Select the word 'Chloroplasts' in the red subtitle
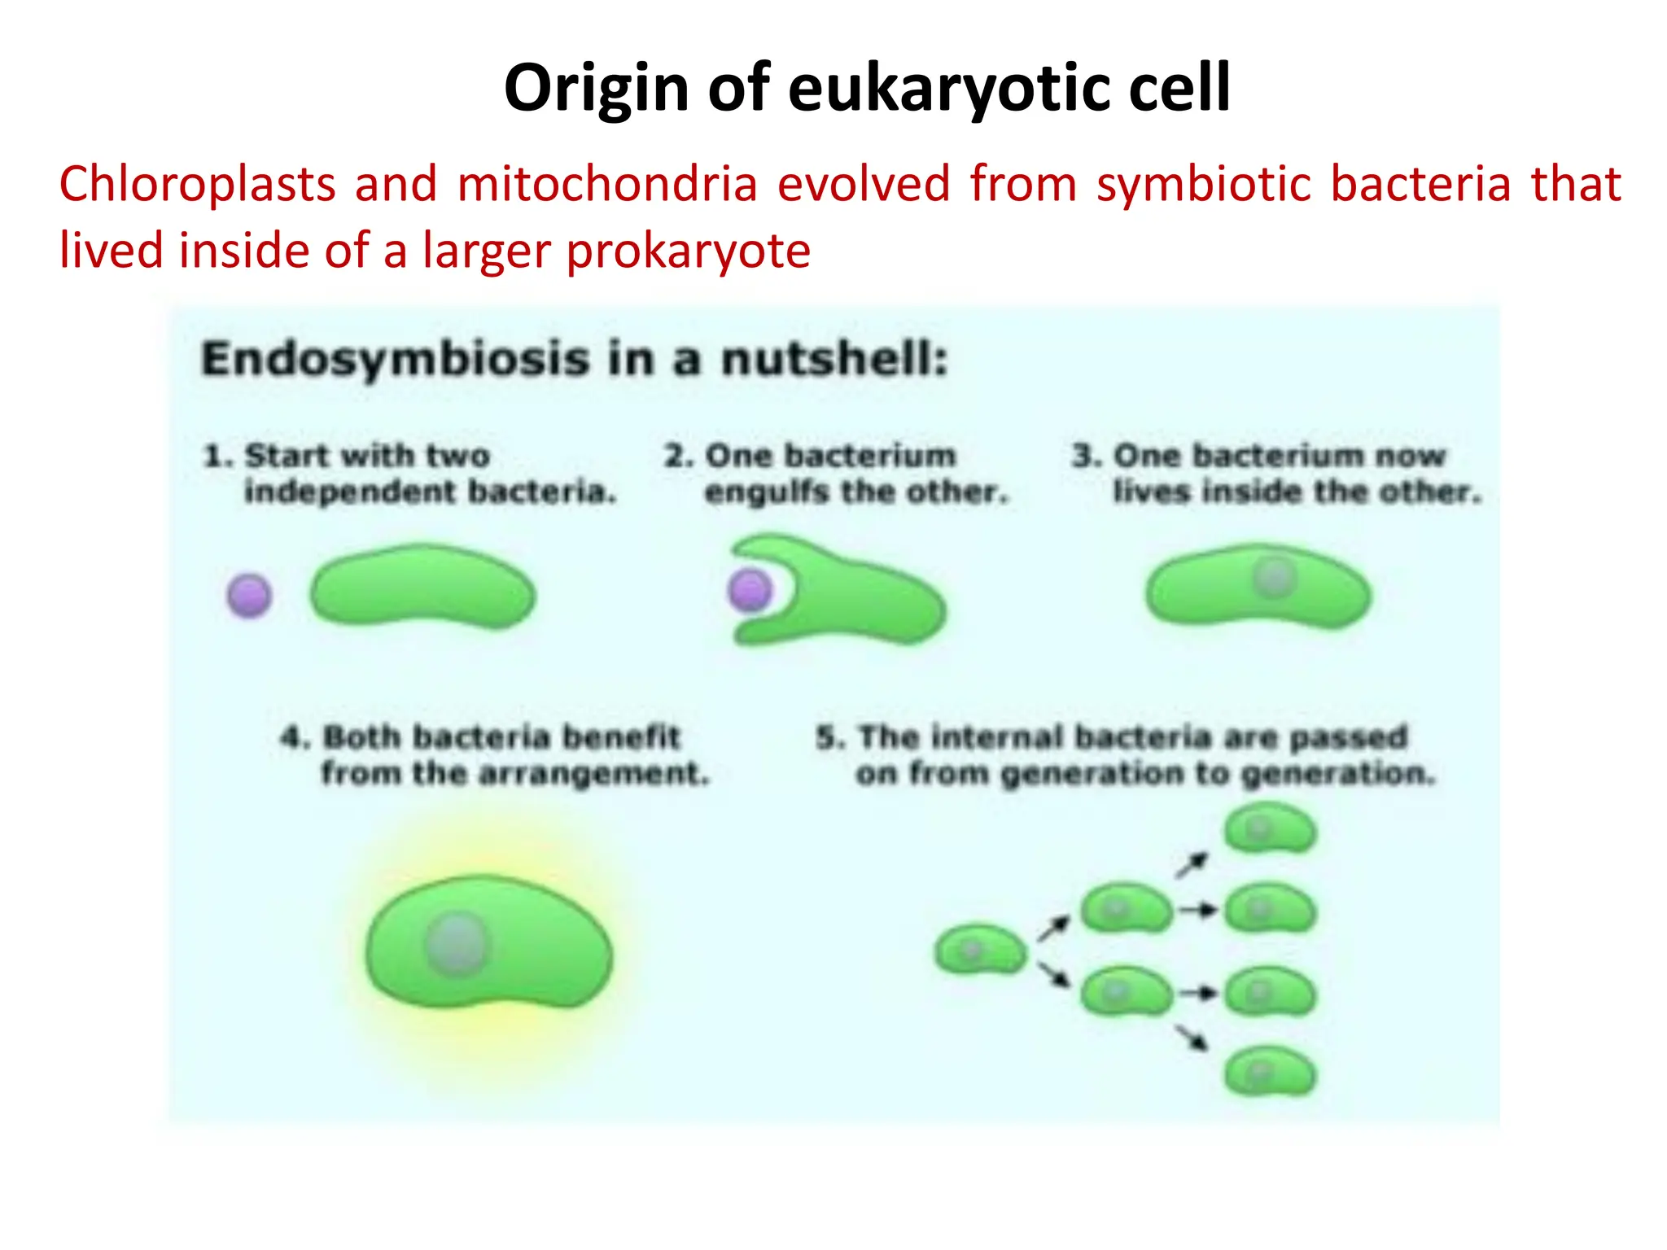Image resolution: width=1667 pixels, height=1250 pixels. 197,184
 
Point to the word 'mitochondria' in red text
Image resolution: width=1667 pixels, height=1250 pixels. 607,184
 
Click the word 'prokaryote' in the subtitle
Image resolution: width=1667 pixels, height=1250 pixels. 688,251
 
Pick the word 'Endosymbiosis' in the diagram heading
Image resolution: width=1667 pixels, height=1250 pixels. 395,359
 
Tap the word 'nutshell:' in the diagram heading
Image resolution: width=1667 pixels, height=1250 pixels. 834,359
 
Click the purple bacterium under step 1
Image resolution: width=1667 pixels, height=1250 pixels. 249,595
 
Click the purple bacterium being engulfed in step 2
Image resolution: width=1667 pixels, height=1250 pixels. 750,590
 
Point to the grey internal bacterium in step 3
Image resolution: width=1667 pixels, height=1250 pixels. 1274,577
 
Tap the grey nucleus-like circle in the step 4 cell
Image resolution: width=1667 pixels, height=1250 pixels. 457,944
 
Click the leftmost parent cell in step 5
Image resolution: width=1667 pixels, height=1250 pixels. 980,949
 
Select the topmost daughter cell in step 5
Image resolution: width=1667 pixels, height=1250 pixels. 1270,828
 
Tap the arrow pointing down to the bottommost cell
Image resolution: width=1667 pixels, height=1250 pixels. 1192,1038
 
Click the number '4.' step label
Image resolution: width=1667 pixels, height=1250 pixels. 295,737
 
